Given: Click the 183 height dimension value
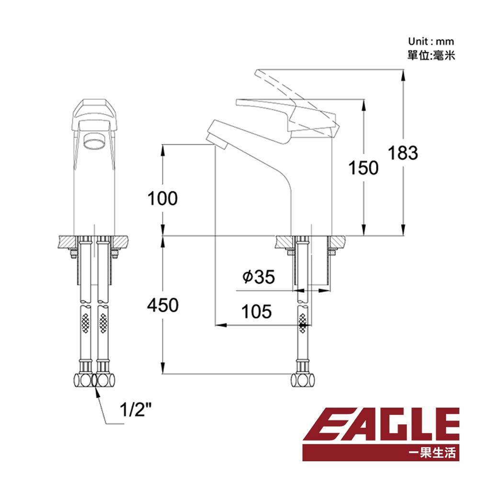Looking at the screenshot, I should pos(402,153).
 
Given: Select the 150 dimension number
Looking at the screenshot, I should pos(363,168).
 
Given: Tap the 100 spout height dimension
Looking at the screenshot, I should pos(162,198).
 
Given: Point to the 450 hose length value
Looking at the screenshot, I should pos(162,305).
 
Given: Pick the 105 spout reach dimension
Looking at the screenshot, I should pos(256,311).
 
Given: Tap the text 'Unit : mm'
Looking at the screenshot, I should pos(430,42).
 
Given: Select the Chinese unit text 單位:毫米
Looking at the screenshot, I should pos(430,55).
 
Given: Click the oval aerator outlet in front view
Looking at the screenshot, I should pos(93,141).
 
